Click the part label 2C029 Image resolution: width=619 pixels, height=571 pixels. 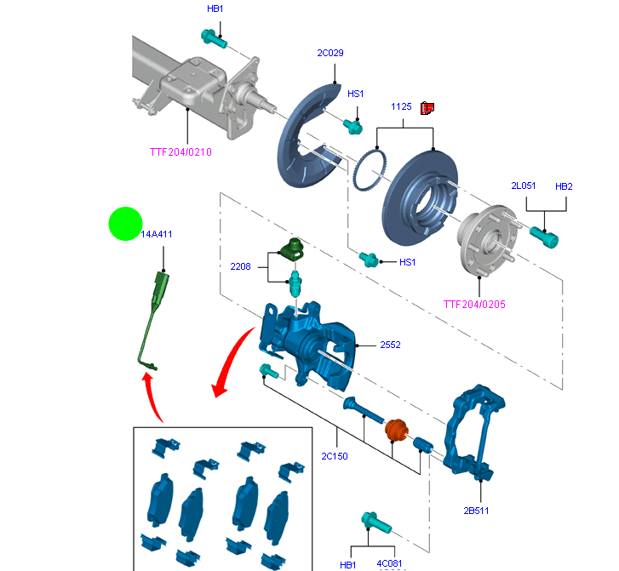click(x=330, y=54)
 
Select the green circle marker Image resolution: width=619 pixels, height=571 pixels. click(x=125, y=224)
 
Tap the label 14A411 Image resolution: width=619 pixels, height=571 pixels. click(x=156, y=233)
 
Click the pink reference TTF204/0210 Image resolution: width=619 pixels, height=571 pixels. click(x=181, y=152)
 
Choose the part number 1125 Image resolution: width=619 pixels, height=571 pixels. click(x=402, y=107)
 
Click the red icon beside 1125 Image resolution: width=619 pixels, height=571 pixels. click(x=428, y=107)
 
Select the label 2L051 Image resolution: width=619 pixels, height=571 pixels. click(x=523, y=186)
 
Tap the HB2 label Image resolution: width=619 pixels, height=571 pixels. click(x=564, y=186)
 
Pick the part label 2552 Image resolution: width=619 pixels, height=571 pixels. click(x=392, y=345)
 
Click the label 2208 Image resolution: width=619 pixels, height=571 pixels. click(x=241, y=266)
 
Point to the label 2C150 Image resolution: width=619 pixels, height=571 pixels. click(x=335, y=456)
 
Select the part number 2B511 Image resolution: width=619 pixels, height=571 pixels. click(x=476, y=511)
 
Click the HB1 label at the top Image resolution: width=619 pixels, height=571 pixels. click(x=215, y=9)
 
